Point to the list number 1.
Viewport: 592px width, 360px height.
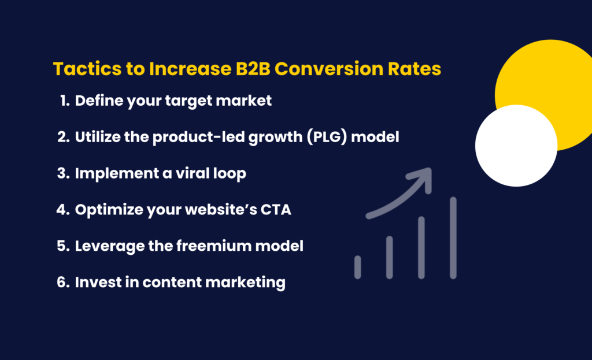64,101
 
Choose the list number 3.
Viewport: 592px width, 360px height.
63,174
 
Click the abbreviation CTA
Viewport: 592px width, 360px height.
276,210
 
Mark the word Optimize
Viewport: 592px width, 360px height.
102,210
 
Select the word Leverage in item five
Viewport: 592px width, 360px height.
102,246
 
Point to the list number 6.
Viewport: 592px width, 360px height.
63,283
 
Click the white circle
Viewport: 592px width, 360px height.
516,145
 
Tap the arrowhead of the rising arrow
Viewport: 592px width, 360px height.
424,176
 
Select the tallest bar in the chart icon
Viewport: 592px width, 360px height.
453,237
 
